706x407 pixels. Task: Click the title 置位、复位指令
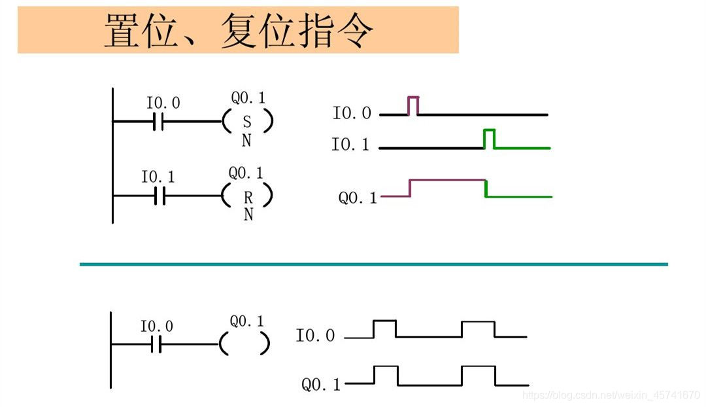pyautogui.click(x=239, y=31)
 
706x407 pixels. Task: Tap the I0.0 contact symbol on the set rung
pyautogui.click(x=158, y=121)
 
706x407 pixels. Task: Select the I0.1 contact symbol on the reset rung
pyautogui.click(x=160, y=195)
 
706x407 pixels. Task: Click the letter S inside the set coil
pyautogui.click(x=246, y=122)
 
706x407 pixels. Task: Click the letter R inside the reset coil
pyautogui.click(x=248, y=196)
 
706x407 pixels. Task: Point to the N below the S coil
pyautogui.click(x=246, y=141)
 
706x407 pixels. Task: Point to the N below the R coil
pyautogui.click(x=248, y=215)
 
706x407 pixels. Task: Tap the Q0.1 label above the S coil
pyautogui.click(x=248, y=98)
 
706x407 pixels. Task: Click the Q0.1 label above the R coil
pyautogui.click(x=246, y=173)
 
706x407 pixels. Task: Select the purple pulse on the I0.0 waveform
pyautogui.click(x=413, y=105)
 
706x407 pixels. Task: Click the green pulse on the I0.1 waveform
pyautogui.click(x=489, y=138)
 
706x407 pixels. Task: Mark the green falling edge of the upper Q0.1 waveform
pyautogui.click(x=486, y=188)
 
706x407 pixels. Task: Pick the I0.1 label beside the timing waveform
pyautogui.click(x=350, y=145)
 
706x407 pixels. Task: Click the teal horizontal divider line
pyautogui.click(x=373, y=264)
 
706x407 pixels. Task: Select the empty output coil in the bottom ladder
pyautogui.click(x=245, y=344)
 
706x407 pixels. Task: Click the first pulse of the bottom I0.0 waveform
pyautogui.click(x=384, y=328)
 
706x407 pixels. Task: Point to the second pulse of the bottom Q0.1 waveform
pyautogui.click(x=478, y=375)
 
